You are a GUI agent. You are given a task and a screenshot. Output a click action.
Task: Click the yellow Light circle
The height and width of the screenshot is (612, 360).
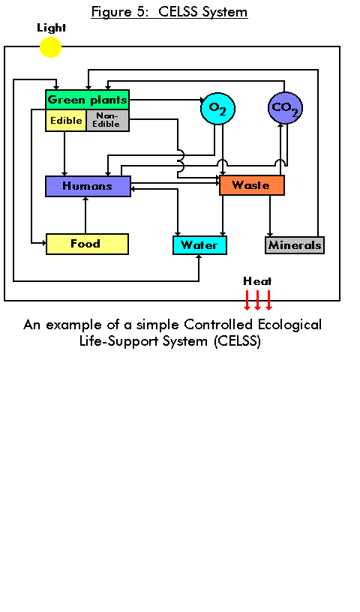(x=51, y=47)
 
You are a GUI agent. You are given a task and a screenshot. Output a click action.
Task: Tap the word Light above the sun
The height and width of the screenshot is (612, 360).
(x=52, y=28)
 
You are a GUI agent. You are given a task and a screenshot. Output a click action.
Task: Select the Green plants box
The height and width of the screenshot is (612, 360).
(x=87, y=100)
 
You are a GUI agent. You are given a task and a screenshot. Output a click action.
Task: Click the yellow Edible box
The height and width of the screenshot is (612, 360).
(x=65, y=120)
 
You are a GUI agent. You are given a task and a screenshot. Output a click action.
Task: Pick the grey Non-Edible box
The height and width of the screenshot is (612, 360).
(x=107, y=120)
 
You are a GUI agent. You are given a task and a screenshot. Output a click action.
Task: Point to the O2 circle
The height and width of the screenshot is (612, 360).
(x=217, y=108)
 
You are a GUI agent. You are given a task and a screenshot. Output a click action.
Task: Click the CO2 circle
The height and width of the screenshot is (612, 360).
(x=286, y=108)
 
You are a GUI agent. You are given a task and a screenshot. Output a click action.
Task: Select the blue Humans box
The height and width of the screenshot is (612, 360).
(x=88, y=186)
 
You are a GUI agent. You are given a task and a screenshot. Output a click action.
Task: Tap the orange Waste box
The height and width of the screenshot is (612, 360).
(x=252, y=185)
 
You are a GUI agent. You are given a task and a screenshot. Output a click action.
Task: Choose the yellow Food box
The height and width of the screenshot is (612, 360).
(x=88, y=244)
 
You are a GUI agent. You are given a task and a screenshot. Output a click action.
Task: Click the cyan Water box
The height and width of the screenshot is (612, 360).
(x=200, y=245)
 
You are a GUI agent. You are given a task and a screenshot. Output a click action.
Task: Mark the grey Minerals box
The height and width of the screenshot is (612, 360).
(x=295, y=245)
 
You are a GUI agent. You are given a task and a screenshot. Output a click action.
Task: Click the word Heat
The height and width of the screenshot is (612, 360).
(x=257, y=281)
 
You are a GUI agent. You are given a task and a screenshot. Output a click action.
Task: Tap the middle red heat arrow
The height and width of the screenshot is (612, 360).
(x=258, y=300)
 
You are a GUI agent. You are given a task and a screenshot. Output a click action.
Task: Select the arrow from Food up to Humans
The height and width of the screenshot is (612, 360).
(x=85, y=215)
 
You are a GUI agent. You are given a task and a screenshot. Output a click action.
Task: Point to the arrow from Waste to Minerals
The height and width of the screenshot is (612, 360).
(x=270, y=216)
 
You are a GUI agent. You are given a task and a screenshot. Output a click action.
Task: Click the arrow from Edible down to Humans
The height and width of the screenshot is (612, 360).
(x=64, y=154)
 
